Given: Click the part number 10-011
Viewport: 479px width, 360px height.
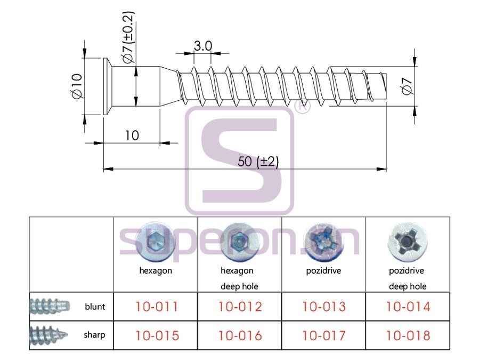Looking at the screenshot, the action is [157, 307].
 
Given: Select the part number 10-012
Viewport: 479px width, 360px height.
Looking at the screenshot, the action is [240, 307].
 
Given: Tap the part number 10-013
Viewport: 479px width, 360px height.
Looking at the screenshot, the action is [324, 307].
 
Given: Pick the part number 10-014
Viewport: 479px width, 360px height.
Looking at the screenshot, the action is [408, 307].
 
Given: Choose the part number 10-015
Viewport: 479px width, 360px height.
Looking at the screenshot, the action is [157, 335].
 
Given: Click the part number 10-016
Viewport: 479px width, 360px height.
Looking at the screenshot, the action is [240, 335].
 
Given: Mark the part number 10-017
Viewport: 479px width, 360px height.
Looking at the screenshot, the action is [324, 335].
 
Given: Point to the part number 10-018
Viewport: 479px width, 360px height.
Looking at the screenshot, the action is [408, 335].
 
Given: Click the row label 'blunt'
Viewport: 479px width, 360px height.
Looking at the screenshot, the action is [95, 307].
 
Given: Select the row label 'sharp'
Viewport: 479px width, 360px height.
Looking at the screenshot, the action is [94, 335].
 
